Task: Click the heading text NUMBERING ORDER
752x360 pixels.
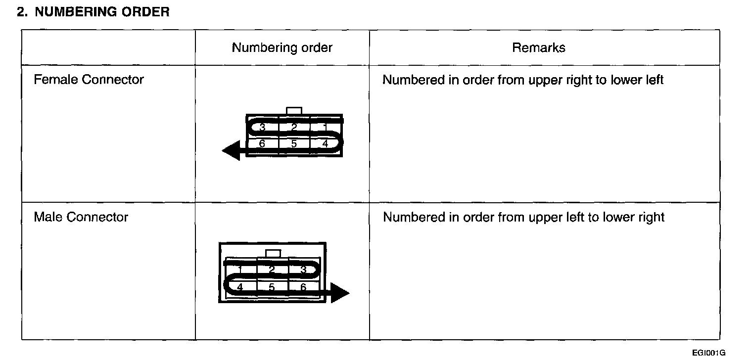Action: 102,12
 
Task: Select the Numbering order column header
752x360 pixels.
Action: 282,47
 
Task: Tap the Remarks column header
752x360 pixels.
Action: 539,47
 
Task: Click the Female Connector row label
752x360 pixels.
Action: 89,80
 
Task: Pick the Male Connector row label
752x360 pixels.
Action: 81,217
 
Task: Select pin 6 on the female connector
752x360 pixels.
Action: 262,144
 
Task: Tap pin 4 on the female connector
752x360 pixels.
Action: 325,144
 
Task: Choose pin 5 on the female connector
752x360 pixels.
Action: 294,144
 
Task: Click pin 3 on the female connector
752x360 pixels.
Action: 262,128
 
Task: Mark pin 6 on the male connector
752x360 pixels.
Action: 303,287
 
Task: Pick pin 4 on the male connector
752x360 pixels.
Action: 240,287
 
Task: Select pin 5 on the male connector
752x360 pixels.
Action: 272,287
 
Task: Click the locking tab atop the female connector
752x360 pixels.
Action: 294,111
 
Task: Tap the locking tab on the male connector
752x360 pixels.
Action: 273,253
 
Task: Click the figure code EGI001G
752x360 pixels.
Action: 708,353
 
